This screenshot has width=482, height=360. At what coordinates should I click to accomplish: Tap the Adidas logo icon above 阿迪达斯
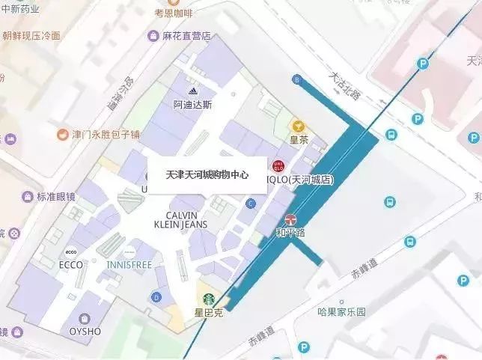[192, 91]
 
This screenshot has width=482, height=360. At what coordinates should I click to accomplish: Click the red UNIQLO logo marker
[278, 165]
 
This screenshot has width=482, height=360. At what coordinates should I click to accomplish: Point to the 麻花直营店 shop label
[188, 36]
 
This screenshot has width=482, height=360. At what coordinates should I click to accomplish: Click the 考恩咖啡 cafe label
[173, 13]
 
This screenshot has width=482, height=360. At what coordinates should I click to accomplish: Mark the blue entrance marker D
[156, 297]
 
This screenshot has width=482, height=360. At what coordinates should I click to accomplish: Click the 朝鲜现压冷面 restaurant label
[41, 36]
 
